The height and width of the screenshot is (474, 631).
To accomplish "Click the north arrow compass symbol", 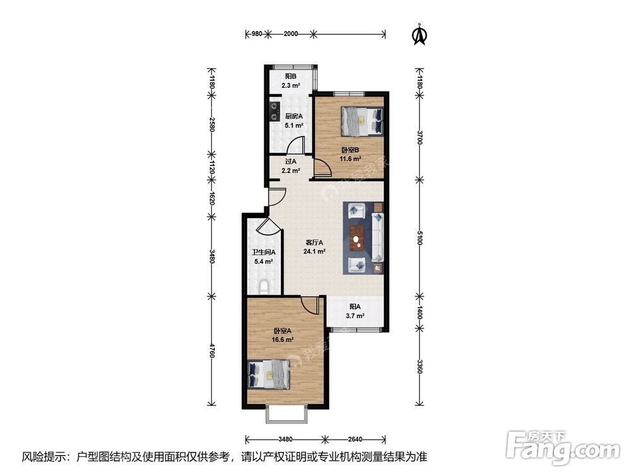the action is click(x=420, y=35).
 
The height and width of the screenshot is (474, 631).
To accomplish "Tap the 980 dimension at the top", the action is click(x=257, y=34).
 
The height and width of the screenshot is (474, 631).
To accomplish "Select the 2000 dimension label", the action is click(x=290, y=34).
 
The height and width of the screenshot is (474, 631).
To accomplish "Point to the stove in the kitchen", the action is click(x=274, y=111).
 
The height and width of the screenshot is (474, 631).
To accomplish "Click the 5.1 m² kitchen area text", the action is click(x=294, y=125).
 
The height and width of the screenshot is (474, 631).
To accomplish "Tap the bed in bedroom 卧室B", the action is click(x=362, y=121).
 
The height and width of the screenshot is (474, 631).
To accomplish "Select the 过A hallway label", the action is click(x=290, y=161).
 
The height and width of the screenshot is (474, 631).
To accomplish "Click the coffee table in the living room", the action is click(x=357, y=238).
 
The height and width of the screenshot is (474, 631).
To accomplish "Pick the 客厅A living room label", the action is click(x=314, y=243).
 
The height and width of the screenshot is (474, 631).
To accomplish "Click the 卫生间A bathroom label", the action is click(x=264, y=252).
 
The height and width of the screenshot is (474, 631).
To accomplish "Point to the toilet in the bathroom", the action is click(x=264, y=286).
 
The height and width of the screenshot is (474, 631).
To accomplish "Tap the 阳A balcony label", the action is click(x=355, y=307).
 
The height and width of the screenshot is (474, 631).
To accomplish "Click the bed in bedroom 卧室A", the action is click(x=269, y=374).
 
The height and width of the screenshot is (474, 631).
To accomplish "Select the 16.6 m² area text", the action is click(x=282, y=339).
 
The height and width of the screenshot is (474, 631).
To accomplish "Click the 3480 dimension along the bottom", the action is click(x=285, y=439).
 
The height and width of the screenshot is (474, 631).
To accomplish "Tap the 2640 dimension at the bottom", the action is click(x=355, y=439).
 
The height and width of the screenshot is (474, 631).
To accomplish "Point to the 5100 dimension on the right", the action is click(x=420, y=238).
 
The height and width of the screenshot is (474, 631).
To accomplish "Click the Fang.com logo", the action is click(x=563, y=447).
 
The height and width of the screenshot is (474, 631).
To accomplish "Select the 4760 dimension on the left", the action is click(x=212, y=350).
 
